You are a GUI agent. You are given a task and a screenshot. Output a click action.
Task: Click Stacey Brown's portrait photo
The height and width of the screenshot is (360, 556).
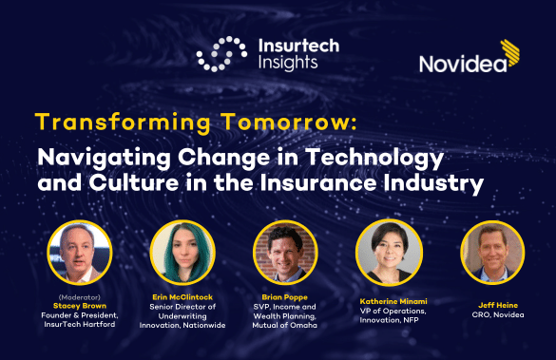tap(79, 253)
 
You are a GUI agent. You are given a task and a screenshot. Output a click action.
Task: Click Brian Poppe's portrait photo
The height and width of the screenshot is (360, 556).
tap(284, 253)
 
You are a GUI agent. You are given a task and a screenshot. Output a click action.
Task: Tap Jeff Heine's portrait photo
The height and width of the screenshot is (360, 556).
tap(491, 253)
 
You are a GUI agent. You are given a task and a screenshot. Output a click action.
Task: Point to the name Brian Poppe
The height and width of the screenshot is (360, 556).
tap(285, 296)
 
